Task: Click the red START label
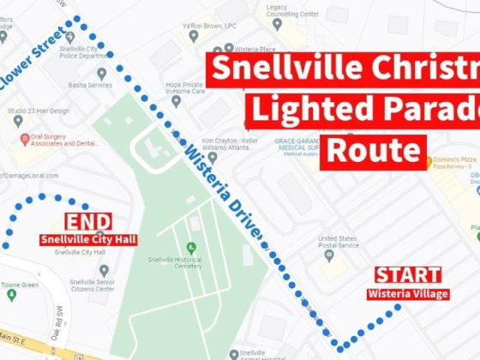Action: (x=408, y=275)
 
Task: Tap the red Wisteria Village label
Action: (x=408, y=294)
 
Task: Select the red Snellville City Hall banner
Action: (x=88, y=239)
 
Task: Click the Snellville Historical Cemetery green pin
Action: (x=191, y=249)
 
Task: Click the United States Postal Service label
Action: (x=338, y=242)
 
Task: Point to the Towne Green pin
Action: (x=12, y=295)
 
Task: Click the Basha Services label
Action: (x=90, y=85)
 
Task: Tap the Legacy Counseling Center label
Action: (x=291, y=11)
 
